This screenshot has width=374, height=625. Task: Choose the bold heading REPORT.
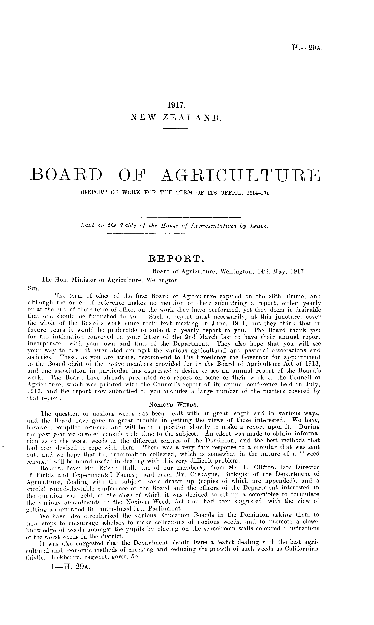click(x=176, y=258)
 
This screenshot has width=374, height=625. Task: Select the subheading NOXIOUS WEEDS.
click(x=174, y=405)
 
